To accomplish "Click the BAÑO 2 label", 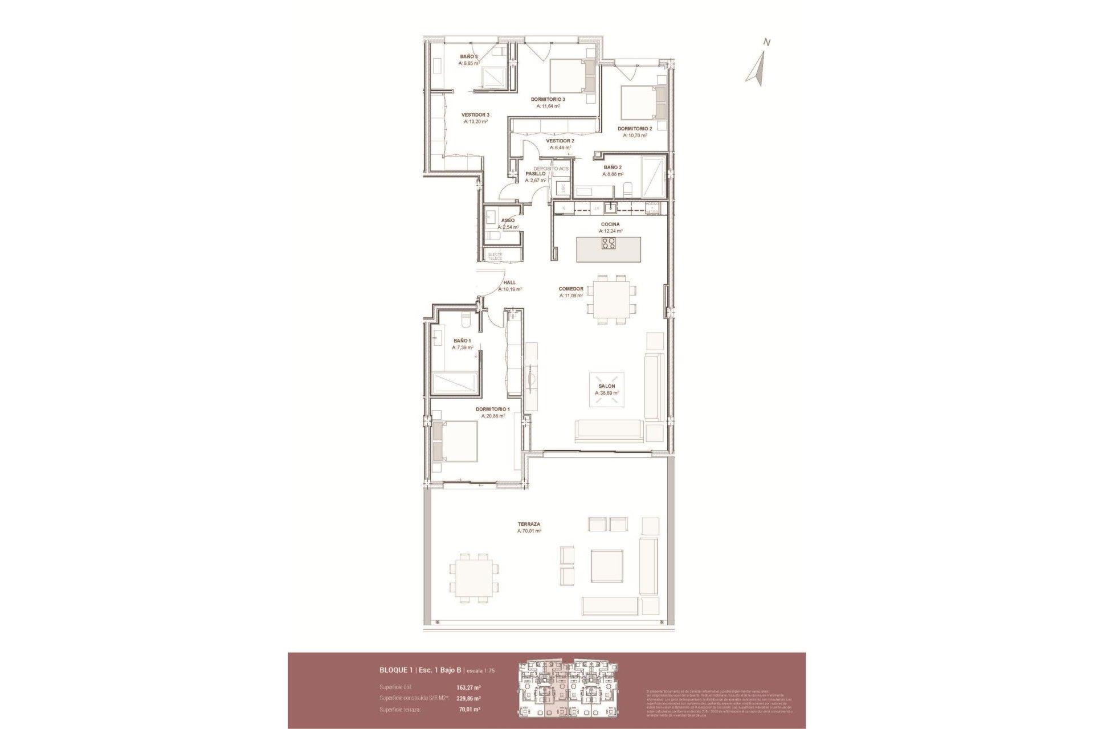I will click(x=613, y=167).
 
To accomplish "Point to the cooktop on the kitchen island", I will click(x=608, y=244).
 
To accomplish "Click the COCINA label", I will click(x=610, y=224).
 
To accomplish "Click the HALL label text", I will click(x=509, y=282).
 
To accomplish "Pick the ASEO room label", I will click(x=508, y=220).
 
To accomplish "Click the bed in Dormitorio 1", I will click(x=456, y=441).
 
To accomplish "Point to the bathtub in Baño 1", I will click(x=454, y=382).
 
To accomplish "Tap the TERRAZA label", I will click(x=529, y=524).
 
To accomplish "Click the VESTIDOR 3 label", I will click(x=475, y=114).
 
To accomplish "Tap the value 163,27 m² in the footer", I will click(x=469, y=687).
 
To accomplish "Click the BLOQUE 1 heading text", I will click(x=397, y=670).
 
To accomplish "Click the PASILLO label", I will click(x=535, y=174).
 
